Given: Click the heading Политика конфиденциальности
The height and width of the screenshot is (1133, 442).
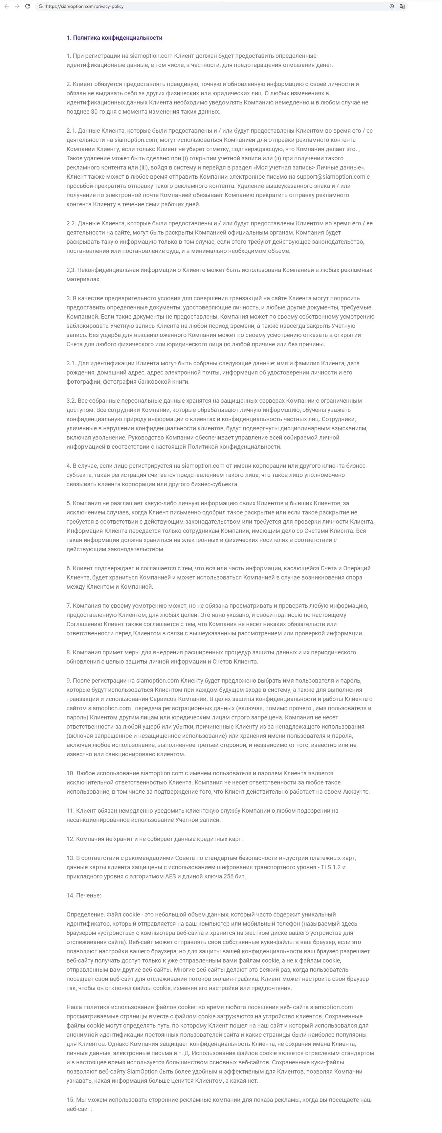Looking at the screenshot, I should (114, 38).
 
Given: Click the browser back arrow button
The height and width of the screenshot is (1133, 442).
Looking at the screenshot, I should (7, 6).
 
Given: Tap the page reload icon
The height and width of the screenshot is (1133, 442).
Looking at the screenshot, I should (27, 6).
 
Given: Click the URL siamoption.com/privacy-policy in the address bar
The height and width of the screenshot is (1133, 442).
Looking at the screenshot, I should (84, 7).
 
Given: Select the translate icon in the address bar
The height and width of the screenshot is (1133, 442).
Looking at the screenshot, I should (402, 6).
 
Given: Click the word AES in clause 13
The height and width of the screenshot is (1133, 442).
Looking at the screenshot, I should (170, 876).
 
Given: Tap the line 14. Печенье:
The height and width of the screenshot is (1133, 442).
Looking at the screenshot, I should (83, 895).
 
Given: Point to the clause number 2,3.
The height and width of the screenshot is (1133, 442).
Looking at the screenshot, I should (71, 270).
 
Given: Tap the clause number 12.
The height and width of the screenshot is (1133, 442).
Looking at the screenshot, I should (70, 839).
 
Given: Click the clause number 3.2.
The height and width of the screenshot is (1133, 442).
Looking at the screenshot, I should (71, 401).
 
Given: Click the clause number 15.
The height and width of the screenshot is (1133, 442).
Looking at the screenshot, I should (70, 1099).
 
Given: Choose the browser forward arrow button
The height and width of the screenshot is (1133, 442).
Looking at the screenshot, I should (17, 6).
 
